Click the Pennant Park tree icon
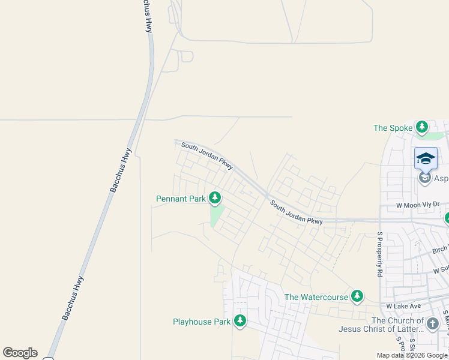(214, 198)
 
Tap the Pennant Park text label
(181, 199)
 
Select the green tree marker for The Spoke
(423, 127)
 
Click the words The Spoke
(393, 128)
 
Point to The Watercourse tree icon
(357, 296)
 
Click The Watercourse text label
(316, 297)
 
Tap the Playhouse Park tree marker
(240, 322)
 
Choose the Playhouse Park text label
(202, 322)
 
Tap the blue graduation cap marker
(426, 158)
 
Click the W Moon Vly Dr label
(418, 205)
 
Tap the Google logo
(20, 353)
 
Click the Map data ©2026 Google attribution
(412, 355)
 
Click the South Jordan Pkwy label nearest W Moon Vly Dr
(297, 213)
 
